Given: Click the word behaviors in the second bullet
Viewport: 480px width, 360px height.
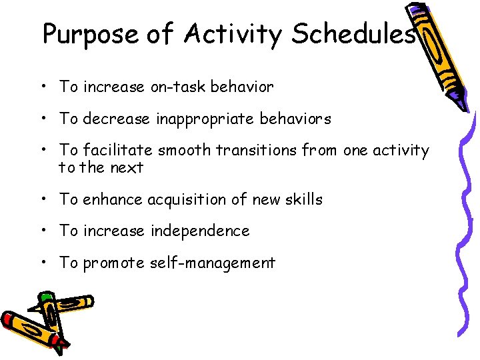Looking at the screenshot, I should [x=298, y=119].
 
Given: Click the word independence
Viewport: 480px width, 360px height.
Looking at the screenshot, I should [x=200, y=231].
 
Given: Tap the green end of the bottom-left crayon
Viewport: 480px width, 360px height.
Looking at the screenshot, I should [x=45, y=296].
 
